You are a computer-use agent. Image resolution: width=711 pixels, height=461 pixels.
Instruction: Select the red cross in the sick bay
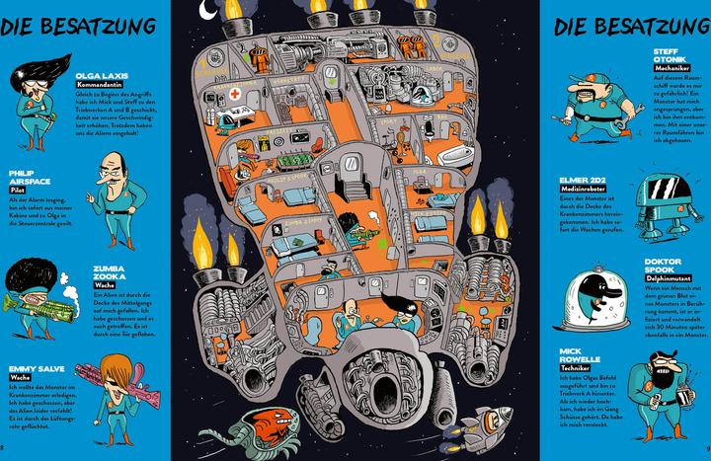pyautogui.click(x=237, y=96)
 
